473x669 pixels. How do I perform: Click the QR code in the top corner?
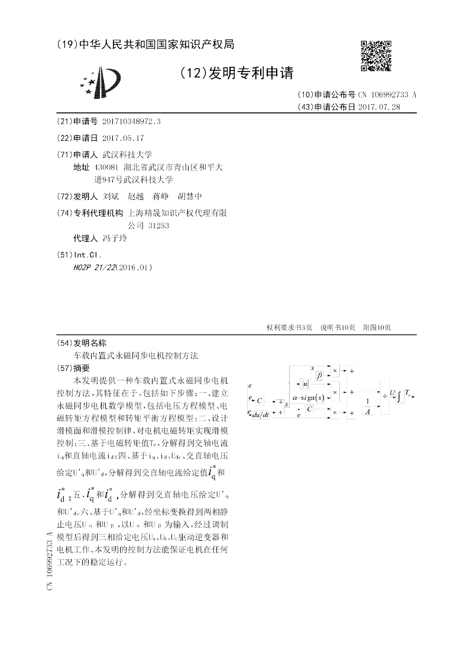coord(375,56)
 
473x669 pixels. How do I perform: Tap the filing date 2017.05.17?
coord(123,137)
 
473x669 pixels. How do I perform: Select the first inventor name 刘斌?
coord(111,196)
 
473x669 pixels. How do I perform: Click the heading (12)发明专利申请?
coord(236,73)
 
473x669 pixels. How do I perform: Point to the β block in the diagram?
coord(319,374)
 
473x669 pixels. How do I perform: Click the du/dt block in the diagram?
coord(261,415)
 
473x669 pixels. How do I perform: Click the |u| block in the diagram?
coord(306,385)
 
